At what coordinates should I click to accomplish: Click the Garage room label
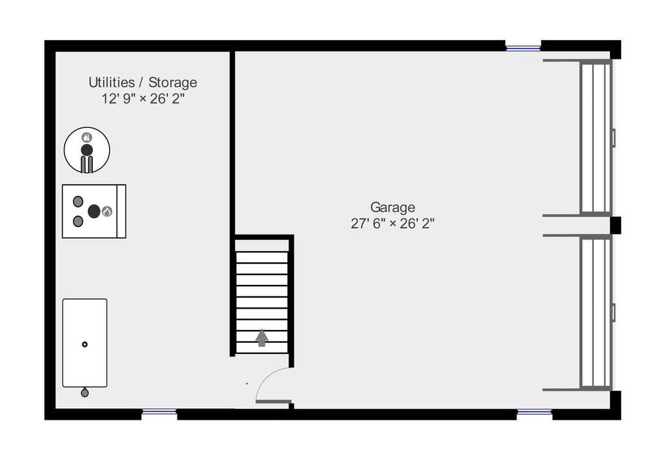point(392,207)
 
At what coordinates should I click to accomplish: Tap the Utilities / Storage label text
point(143,82)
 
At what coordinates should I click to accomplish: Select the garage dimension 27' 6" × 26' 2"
point(392,223)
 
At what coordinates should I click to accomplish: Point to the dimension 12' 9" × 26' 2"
point(143,99)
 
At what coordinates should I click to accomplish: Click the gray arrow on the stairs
point(262,338)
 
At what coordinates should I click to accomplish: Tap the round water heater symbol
point(87,150)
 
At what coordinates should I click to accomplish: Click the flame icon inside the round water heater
point(87,137)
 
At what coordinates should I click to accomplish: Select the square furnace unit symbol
point(94,211)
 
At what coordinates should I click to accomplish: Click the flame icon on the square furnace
point(107,212)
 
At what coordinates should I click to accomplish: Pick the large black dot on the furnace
point(94,211)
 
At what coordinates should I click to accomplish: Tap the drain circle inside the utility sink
point(85,345)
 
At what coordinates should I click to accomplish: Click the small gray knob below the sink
point(85,393)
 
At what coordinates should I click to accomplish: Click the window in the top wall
point(523,48)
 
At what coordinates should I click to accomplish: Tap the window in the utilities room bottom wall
point(159,411)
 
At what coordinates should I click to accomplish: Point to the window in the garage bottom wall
point(534,411)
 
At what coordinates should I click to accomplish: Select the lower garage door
point(596,313)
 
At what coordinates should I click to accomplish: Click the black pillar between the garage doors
point(615,225)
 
